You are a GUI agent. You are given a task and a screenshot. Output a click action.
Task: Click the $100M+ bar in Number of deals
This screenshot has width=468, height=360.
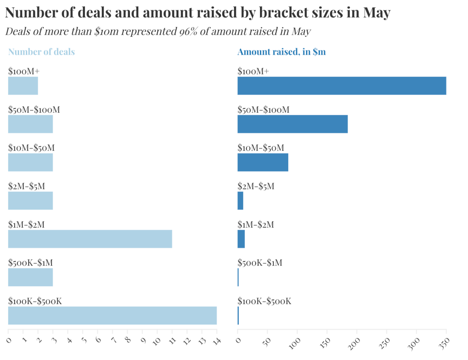coord(23,86)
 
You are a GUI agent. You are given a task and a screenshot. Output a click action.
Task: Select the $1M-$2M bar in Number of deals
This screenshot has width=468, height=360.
coord(90,239)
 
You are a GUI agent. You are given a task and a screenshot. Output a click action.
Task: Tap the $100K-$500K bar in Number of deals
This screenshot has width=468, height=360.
coord(112,315)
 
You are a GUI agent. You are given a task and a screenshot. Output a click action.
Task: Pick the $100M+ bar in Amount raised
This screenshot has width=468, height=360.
coord(341,86)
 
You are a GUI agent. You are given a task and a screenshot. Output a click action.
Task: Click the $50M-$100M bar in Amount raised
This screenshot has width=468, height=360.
coord(292,124)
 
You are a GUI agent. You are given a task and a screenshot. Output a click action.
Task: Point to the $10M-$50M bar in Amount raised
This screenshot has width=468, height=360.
coord(263,162)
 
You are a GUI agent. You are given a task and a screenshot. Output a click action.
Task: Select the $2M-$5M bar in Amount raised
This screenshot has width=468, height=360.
coord(240,201)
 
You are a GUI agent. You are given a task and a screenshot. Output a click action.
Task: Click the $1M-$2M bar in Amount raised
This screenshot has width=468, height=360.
coord(241,239)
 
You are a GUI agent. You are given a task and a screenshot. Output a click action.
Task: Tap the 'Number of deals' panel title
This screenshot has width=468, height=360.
coord(42,52)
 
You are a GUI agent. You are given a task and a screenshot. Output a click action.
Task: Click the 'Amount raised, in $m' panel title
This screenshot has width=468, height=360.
coord(282,52)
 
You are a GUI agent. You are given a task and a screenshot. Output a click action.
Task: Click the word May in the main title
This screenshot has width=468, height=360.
coord(377,13)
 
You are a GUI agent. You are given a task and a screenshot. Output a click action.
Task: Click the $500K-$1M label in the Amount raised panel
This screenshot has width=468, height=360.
coord(260,263)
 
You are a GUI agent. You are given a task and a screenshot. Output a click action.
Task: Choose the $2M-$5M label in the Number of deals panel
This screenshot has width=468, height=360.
coord(26,187)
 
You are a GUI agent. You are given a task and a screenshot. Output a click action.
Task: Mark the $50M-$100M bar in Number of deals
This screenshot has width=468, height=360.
coord(30,124)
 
